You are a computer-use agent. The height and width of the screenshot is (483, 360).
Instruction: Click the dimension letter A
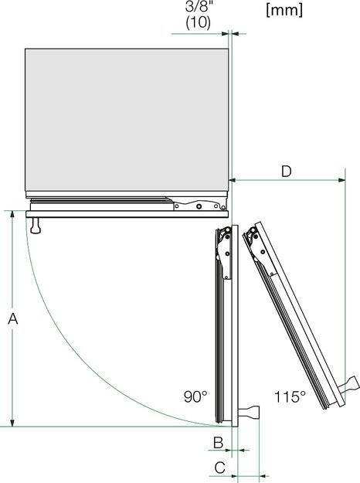pyautogui.click(x=11, y=318)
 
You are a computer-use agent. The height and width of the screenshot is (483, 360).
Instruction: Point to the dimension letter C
pyautogui.click(x=219, y=467)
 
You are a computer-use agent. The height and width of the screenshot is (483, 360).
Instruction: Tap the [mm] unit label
pyautogui.click(x=283, y=11)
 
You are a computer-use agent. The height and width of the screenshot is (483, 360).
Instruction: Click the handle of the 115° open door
pyautogui.click(x=351, y=384)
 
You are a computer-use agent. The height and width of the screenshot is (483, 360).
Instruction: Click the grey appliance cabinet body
pyautogui.click(x=127, y=120)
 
